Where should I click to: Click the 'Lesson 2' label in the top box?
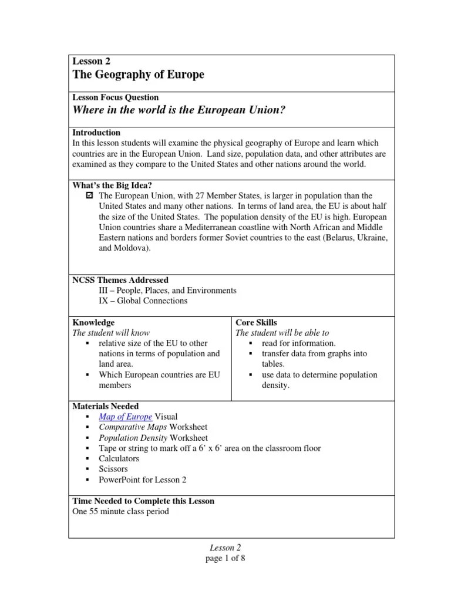click(91, 61)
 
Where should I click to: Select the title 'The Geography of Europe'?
click(138, 75)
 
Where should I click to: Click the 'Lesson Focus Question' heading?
click(115, 97)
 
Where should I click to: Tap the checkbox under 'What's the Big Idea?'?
click(89, 195)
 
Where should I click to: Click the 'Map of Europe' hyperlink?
click(125, 417)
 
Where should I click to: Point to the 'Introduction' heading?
click(96, 133)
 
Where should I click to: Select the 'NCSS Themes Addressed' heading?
click(120, 280)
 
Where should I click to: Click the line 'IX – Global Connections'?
click(143, 301)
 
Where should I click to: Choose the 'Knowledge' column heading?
click(93, 322)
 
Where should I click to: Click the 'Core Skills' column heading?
click(256, 322)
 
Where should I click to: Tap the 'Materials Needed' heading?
click(105, 406)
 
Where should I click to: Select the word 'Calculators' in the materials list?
click(119, 458)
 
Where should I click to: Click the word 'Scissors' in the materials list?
click(114, 469)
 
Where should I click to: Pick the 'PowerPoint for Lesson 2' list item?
click(143, 480)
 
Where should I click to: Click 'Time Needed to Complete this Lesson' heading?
click(143, 501)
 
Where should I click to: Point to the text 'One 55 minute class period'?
click(120, 511)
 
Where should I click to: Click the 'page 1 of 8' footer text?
click(225, 558)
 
